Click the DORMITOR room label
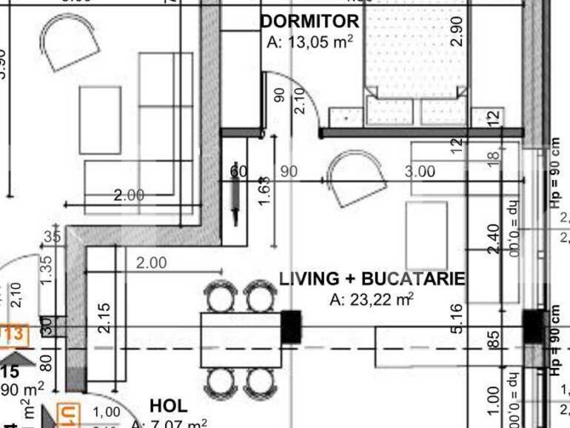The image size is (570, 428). click(x=309, y=21)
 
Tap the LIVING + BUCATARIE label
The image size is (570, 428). click(x=372, y=279)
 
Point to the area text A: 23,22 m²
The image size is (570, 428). click(x=372, y=299)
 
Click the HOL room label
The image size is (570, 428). click(x=168, y=406)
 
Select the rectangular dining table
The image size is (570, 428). click(x=241, y=339)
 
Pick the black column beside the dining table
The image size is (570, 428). click(x=292, y=327)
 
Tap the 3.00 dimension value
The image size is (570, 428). click(x=420, y=172)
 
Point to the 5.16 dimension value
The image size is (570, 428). click(x=457, y=318)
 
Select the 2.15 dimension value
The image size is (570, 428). click(x=104, y=317)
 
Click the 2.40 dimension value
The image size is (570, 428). click(x=494, y=238)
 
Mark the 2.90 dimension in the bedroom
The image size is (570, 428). click(x=456, y=31)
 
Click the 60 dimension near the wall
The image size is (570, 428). click(x=238, y=172)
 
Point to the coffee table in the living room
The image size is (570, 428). click(x=426, y=235)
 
